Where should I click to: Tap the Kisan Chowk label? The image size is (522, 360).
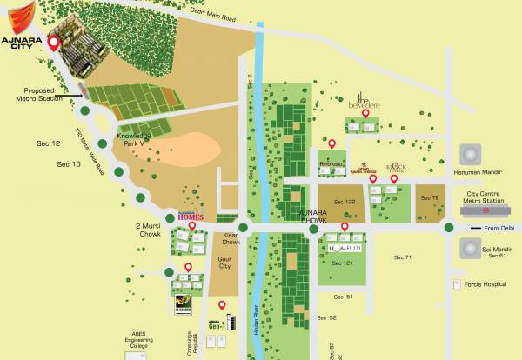click(229, 240)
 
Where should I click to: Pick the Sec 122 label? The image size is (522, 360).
click(345, 200)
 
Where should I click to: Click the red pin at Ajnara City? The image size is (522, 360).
click(53, 43)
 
